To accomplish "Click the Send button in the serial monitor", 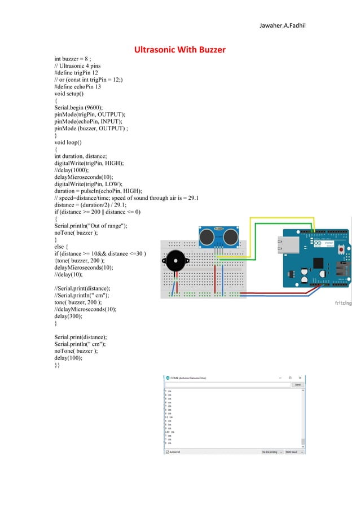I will pos(297,384).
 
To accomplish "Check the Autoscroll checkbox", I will pos(168,452).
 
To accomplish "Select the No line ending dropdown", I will pos(273,452).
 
